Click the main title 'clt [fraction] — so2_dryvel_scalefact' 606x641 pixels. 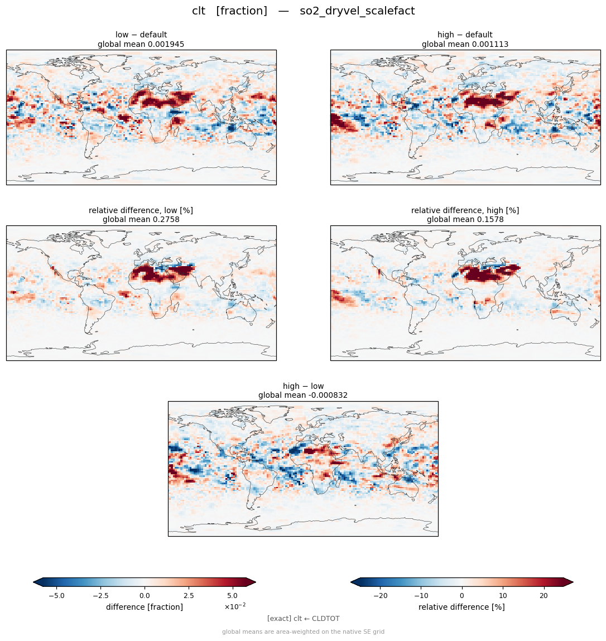pos(303,11)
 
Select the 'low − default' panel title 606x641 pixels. pos(141,35)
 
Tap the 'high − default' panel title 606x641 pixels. pos(465,35)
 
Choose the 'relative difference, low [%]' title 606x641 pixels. pos(141,210)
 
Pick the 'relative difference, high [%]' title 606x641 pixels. pos(465,210)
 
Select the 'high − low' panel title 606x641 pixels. pos(303,386)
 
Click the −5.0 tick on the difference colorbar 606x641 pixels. pos(56,596)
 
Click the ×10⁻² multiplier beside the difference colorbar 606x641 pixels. pos(235,606)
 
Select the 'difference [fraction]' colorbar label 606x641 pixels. pos(145,607)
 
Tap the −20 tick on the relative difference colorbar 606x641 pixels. pos(380,596)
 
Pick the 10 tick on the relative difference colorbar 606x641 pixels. pos(503,596)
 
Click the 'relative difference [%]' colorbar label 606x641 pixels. pos(461,607)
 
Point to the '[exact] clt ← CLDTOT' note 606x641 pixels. pos(303,619)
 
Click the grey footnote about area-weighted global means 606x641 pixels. pos(303,632)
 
